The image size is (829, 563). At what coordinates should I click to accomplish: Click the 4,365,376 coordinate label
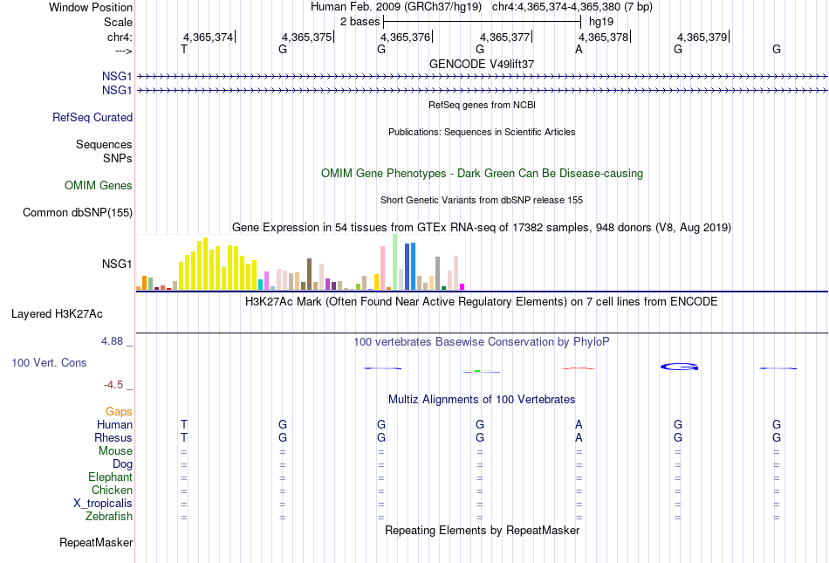pyautogui.click(x=405, y=37)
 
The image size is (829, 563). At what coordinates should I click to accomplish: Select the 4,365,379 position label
pyautogui.click(x=702, y=37)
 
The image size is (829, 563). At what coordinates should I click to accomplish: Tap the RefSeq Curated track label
pyautogui.click(x=92, y=117)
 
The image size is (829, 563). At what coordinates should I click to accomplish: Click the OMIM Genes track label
pyautogui.click(x=99, y=186)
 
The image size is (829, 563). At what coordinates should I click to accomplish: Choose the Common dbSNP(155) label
pyautogui.click(x=78, y=212)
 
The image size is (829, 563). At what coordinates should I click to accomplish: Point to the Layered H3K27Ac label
pyautogui.click(x=57, y=314)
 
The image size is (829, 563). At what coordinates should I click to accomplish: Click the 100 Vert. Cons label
pyautogui.click(x=49, y=362)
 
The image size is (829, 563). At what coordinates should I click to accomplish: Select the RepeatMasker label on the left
pyautogui.click(x=96, y=542)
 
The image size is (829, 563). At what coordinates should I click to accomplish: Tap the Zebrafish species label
pyautogui.click(x=109, y=516)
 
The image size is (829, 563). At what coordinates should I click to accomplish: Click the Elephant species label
pyautogui.click(x=110, y=477)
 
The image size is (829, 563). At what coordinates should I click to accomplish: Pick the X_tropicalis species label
pyautogui.click(x=103, y=504)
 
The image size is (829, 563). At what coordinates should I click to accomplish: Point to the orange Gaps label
pyautogui.click(x=119, y=411)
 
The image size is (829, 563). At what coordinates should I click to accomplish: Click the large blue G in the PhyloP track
pyautogui.click(x=680, y=367)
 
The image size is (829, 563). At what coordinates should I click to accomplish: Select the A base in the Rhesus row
pyautogui.click(x=579, y=437)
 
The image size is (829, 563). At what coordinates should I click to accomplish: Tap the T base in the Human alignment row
pyautogui.click(x=184, y=424)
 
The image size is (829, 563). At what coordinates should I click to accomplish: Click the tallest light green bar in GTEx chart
pyautogui.click(x=395, y=262)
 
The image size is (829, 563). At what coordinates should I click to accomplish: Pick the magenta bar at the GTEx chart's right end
pyautogui.click(x=462, y=286)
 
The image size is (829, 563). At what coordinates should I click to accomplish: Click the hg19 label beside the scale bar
pyautogui.click(x=601, y=22)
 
